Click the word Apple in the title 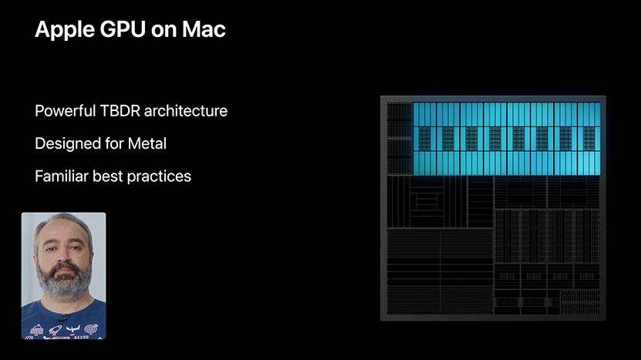click(x=64, y=30)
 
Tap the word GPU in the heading click(x=123, y=29)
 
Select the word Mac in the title click(x=204, y=29)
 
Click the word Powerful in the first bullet click(x=65, y=111)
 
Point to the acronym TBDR click(x=120, y=111)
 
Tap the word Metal click(x=147, y=143)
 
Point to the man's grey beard click(x=64, y=282)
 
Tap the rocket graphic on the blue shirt click(x=55, y=329)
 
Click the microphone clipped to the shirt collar click(x=62, y=317)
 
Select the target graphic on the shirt click(x=92, y=328)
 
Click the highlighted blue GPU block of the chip click(x=507, y=139)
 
